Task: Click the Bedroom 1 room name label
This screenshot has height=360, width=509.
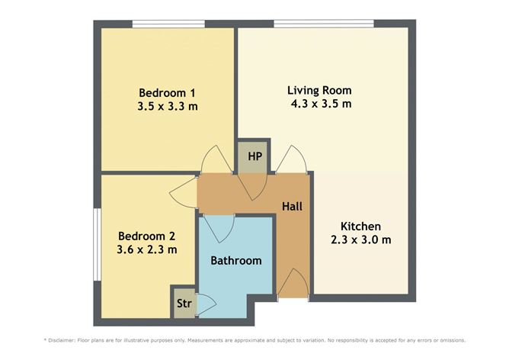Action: pyautogui.click(x=167, y=90)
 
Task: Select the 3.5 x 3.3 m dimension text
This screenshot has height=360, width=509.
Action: pyautogui.click(x=167, y=106)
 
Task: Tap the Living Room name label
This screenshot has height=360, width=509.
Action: pyautogui.click(x=319, y=89)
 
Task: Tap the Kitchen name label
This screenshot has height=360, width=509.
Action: pyautogui.click(x=360, y=227)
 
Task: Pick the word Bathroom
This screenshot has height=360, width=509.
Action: pyautogui.click(x=236, y=261)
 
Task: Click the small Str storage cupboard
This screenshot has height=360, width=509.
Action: pyautogui.click(x=184, y=304)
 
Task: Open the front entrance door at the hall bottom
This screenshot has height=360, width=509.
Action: pyautogui.click(x=293, y=284)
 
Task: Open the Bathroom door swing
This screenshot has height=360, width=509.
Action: pyautogui.click(x=220, y=227)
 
